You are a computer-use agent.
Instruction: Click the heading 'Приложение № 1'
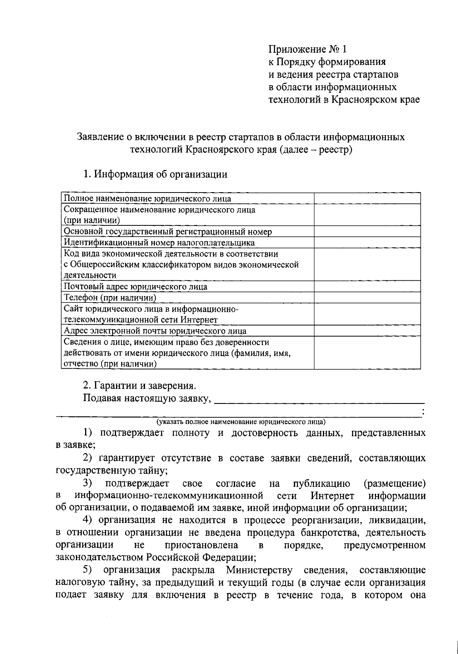pyautogui.click(x=308, y=50)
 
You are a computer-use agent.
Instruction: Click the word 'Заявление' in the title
pyautogui.click(x=100, y=137)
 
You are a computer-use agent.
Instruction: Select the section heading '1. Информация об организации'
pyautogui.click(x=155, y=175)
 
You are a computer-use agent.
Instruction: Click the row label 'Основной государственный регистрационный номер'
pyautogui.click(x=168, y=231)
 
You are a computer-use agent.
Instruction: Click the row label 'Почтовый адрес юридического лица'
pyautogui.click(x=135, y=287)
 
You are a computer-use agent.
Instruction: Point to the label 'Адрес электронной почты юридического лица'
pyautogui.click(x=155, y=331)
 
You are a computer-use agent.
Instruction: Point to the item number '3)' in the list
pyautogui.click(x=89, y=484)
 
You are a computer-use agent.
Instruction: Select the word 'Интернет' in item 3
pyautogui.click(x=332, y=496)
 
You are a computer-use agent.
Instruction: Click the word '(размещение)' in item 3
pyautogui.click(x=395, y=484)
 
